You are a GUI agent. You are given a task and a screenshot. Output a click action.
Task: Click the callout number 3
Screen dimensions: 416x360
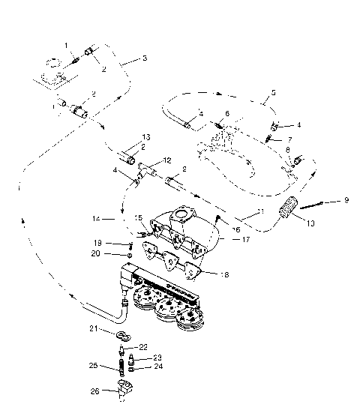[x=145, y=58]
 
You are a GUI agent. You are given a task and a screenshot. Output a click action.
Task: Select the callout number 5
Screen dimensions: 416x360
[x=273, y=94]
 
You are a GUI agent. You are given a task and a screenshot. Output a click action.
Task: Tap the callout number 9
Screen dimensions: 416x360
[x=346, y=200]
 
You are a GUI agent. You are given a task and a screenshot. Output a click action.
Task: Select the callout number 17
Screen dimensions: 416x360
[x=245, y=240]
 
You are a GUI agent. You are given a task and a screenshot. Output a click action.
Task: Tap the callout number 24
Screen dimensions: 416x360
[x=157, y=367]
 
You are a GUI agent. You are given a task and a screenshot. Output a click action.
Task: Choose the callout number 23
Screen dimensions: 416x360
[x=157, y=358]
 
